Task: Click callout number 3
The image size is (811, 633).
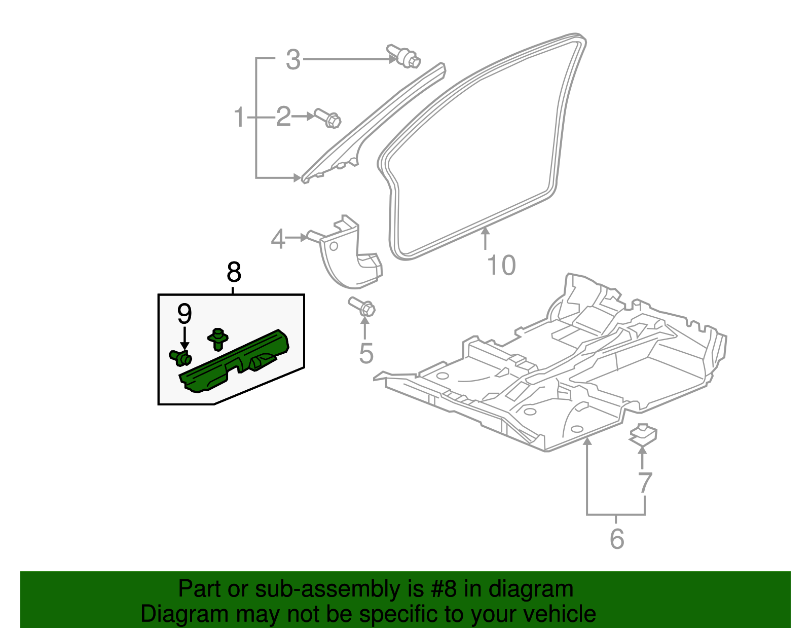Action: point(293,60)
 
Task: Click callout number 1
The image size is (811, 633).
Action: point(239,118)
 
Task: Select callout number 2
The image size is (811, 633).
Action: point(283,117)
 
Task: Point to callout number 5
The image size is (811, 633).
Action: point(365,353)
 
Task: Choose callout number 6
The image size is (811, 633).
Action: point(616,538)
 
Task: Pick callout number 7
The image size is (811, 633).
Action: point(644,483)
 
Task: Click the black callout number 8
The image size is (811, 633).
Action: point(233,273)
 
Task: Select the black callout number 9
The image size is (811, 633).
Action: point(185,314)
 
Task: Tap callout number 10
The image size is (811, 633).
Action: point(501,266)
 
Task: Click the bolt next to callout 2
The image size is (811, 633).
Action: point(328,118)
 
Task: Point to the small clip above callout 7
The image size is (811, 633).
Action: point(643,434)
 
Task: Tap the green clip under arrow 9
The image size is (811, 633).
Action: point(180,357)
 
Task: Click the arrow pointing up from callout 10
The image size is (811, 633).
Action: point(485,238)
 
